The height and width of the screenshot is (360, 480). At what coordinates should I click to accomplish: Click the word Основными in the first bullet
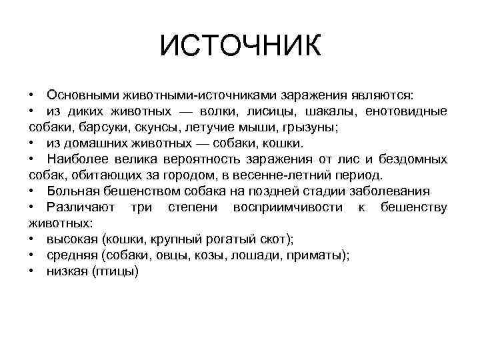77,95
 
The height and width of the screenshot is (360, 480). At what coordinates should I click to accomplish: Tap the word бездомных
413,159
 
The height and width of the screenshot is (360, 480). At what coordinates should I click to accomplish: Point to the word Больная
69,191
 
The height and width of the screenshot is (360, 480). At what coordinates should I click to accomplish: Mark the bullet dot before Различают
32,207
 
